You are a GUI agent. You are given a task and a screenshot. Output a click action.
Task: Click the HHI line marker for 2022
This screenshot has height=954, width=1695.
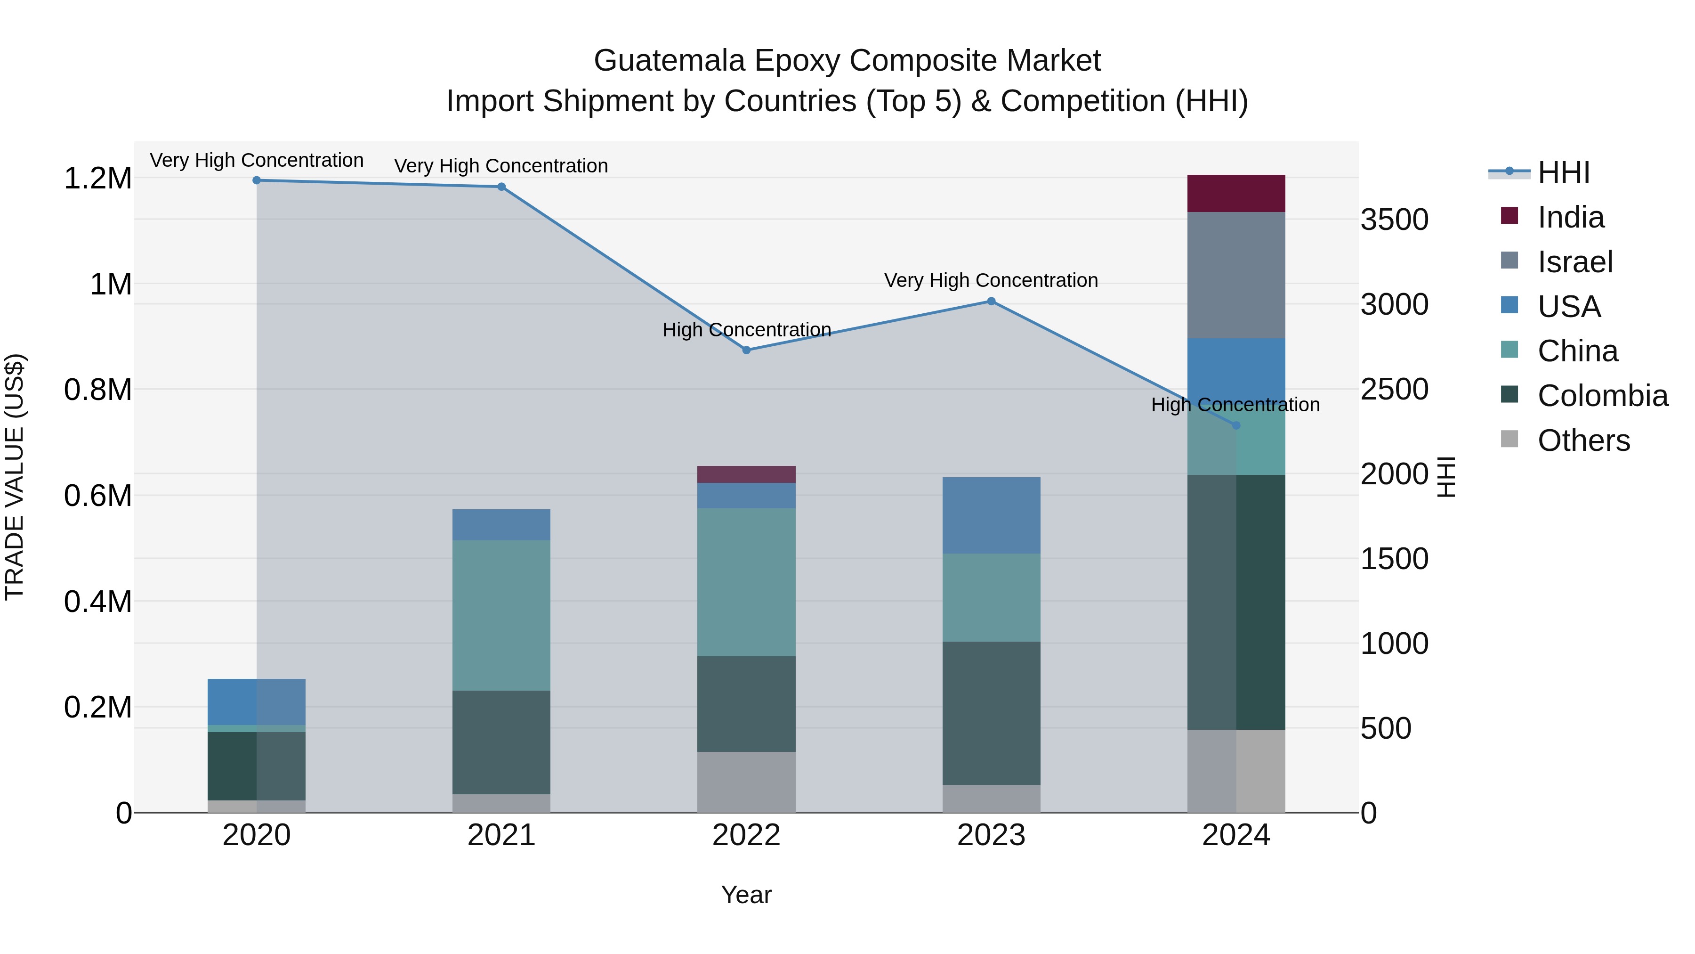(x=746, y=350)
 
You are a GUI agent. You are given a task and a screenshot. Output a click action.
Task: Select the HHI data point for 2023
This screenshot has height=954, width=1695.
(x=991, y=302)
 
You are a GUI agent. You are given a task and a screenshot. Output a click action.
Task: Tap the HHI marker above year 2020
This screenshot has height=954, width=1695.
(x=257, y=180)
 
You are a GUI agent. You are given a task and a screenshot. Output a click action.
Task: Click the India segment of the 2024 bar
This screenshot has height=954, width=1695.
(x=1236, y=194)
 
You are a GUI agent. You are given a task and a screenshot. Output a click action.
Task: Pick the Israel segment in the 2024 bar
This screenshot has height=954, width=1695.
(x=1236, y=275)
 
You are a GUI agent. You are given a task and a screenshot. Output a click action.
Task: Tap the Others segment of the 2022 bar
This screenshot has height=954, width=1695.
(x=746, y=782)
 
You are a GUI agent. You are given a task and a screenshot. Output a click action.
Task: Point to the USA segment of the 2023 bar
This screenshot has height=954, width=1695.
(x=991, y=515)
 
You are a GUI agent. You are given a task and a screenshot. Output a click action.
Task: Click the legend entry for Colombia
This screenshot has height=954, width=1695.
(x=1602, y=396)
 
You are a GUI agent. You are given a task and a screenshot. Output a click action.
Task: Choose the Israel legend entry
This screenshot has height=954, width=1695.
(x=1574, y=262)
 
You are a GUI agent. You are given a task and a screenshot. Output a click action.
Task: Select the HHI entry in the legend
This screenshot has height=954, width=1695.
(x=1563, y=172)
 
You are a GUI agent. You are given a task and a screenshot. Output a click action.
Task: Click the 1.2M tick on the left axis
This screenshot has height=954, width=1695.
(x=97, y=179)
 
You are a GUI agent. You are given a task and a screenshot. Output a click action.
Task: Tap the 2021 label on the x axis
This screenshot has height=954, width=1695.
(x=501, y=835)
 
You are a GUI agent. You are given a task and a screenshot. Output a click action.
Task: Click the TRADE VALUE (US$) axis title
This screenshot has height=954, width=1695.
(x=15, y=477)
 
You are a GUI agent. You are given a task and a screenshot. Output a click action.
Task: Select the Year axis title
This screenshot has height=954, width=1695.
(x=746, y=895)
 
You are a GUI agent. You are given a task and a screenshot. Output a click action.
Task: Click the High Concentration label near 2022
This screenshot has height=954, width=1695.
(x=746, y=329)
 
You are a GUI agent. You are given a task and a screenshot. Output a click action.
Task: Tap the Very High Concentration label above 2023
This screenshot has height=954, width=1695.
(x=991, y=280)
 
